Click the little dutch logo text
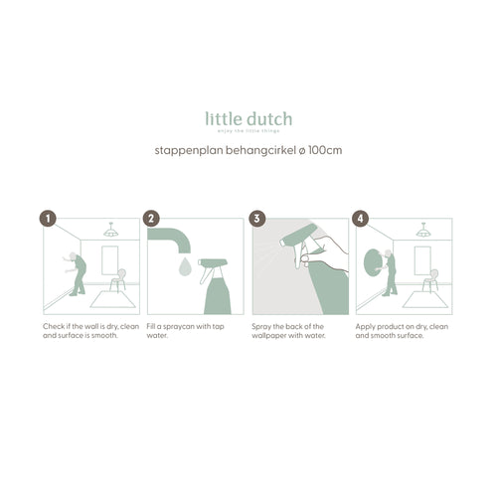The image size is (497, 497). (248, 119)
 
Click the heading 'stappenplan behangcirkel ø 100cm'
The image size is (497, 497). (248, 151)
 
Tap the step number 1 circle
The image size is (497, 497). (47, 219)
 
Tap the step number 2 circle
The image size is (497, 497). (151, 219)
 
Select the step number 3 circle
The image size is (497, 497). (256, 219)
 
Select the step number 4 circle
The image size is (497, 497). (361, 219)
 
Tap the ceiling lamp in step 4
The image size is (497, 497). (422, 231)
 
